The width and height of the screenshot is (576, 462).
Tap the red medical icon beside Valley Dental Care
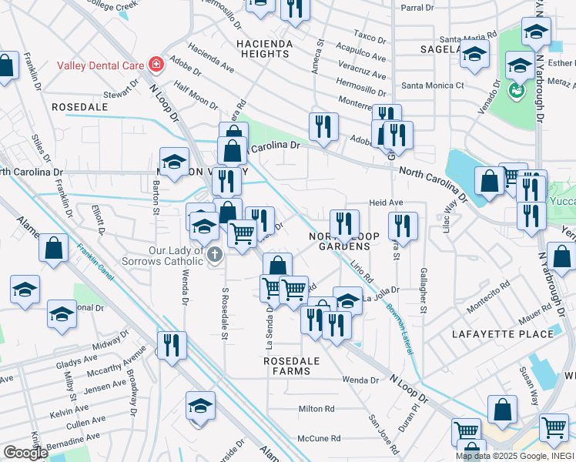(156, 64)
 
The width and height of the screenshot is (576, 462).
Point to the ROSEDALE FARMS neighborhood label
(287, 365)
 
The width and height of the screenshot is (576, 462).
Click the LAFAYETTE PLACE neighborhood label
(514, 333)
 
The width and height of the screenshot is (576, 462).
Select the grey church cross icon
(215, 254)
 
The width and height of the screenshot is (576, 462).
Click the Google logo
(25, 453)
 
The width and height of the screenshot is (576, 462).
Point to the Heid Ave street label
(386, 203)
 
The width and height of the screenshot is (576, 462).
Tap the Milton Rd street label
(316, 409)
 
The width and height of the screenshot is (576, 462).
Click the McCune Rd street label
(319, 438)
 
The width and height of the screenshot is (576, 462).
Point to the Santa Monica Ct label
(433, 85)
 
